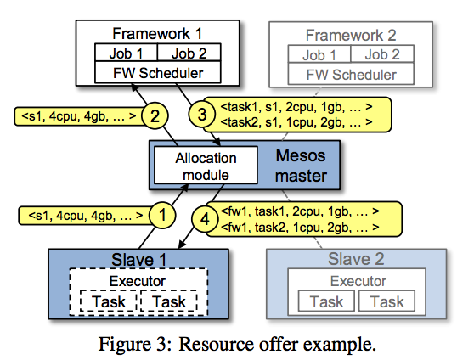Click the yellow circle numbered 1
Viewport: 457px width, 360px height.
click(162, 216)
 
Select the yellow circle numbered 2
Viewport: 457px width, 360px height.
click(155, 115)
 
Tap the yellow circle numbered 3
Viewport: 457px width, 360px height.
click(202, 114)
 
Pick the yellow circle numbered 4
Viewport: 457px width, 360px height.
click(205, 219)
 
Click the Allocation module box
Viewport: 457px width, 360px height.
click(206, 166)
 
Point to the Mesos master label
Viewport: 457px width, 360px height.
click(301, 166)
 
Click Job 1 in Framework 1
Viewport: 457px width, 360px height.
click(126, 53)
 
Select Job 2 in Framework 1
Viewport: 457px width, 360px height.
click(189, 53)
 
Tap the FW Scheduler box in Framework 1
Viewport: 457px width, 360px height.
click(158, 72)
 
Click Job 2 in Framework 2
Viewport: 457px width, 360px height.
click(382, 54)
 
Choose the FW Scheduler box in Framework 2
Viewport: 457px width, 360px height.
click(351, 74)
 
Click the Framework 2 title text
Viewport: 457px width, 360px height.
click(351, 36)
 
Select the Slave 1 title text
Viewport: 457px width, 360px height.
click(138, 260)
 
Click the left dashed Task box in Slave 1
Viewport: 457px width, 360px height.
click(109, 301)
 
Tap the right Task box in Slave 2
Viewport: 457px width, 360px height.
click(386, 301)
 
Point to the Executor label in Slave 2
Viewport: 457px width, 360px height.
click(358, 281)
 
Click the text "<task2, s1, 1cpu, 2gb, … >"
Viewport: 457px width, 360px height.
click(296, 122)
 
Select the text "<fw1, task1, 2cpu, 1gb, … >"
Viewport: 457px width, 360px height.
click(300, 211)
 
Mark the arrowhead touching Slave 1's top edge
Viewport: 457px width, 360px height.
click(182, 244)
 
